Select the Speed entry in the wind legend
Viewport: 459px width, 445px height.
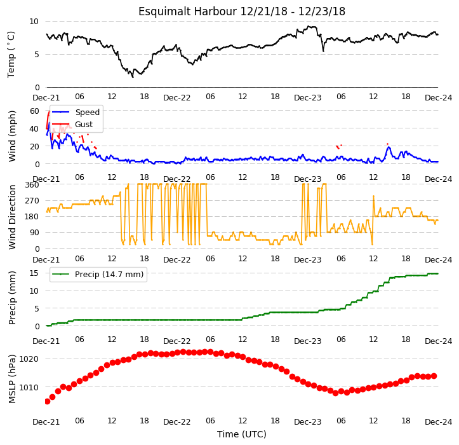pyautogui.click(x=87, y=113)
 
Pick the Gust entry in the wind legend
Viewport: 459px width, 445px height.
pyautogui.click(x=84, y=125)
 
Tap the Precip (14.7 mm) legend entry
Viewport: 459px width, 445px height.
pyautogui.click(x=109, y=275)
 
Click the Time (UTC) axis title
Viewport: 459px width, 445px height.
pyautogui.click(x=241, y=434)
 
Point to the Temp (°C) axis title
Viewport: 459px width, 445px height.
pyautogui.click(x=11, y=55)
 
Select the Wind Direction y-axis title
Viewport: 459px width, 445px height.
pyautogui.click(x=12, y=217)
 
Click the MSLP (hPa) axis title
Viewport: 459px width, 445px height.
pyautogui.click(x=12, y=379)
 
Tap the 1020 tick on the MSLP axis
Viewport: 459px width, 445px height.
pyautogui.click(x=29, y=359)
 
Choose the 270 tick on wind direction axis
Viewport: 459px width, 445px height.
pyautogui.click(x=33, y=201)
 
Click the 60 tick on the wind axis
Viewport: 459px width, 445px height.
pyautogui.click(x=34, y=111)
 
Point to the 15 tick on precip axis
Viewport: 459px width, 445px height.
pyautogui.click(x=34, y=273)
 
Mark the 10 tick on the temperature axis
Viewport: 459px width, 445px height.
pyautogui.click(x=34, y=22)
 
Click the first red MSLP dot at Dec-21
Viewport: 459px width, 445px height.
pyautogui.click(x=47, y=401)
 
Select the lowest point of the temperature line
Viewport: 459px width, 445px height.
pyautogui.click(x=133, y=77)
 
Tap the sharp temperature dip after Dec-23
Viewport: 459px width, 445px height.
pyautogui.click(x=323, y=51)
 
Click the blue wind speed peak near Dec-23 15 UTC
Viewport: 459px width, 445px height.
pyautogui.click(x=389, y=147)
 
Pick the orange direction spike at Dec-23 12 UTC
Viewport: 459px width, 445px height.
pyautogui.click(x=373, y=196)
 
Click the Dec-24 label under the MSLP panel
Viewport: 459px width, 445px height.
pyautogui.click(x=439, y=422)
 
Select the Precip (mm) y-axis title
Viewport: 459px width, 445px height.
pyautogui.click(x=12, y=298)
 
